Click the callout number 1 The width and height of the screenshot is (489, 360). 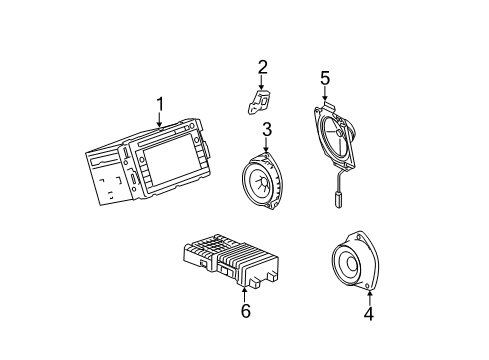(x=158, y=103)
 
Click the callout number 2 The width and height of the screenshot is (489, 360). (x=262, y=68)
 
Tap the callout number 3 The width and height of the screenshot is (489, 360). (x=267, y=130)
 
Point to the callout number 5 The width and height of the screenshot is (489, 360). (x=324, y=77)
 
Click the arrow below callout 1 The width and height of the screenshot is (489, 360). (x=158, y=122)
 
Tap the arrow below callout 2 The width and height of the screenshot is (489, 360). (x=262, y=84)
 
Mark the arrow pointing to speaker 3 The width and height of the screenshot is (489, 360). (x=267, y=148)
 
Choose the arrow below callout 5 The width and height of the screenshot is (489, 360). (x=324, y=96)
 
